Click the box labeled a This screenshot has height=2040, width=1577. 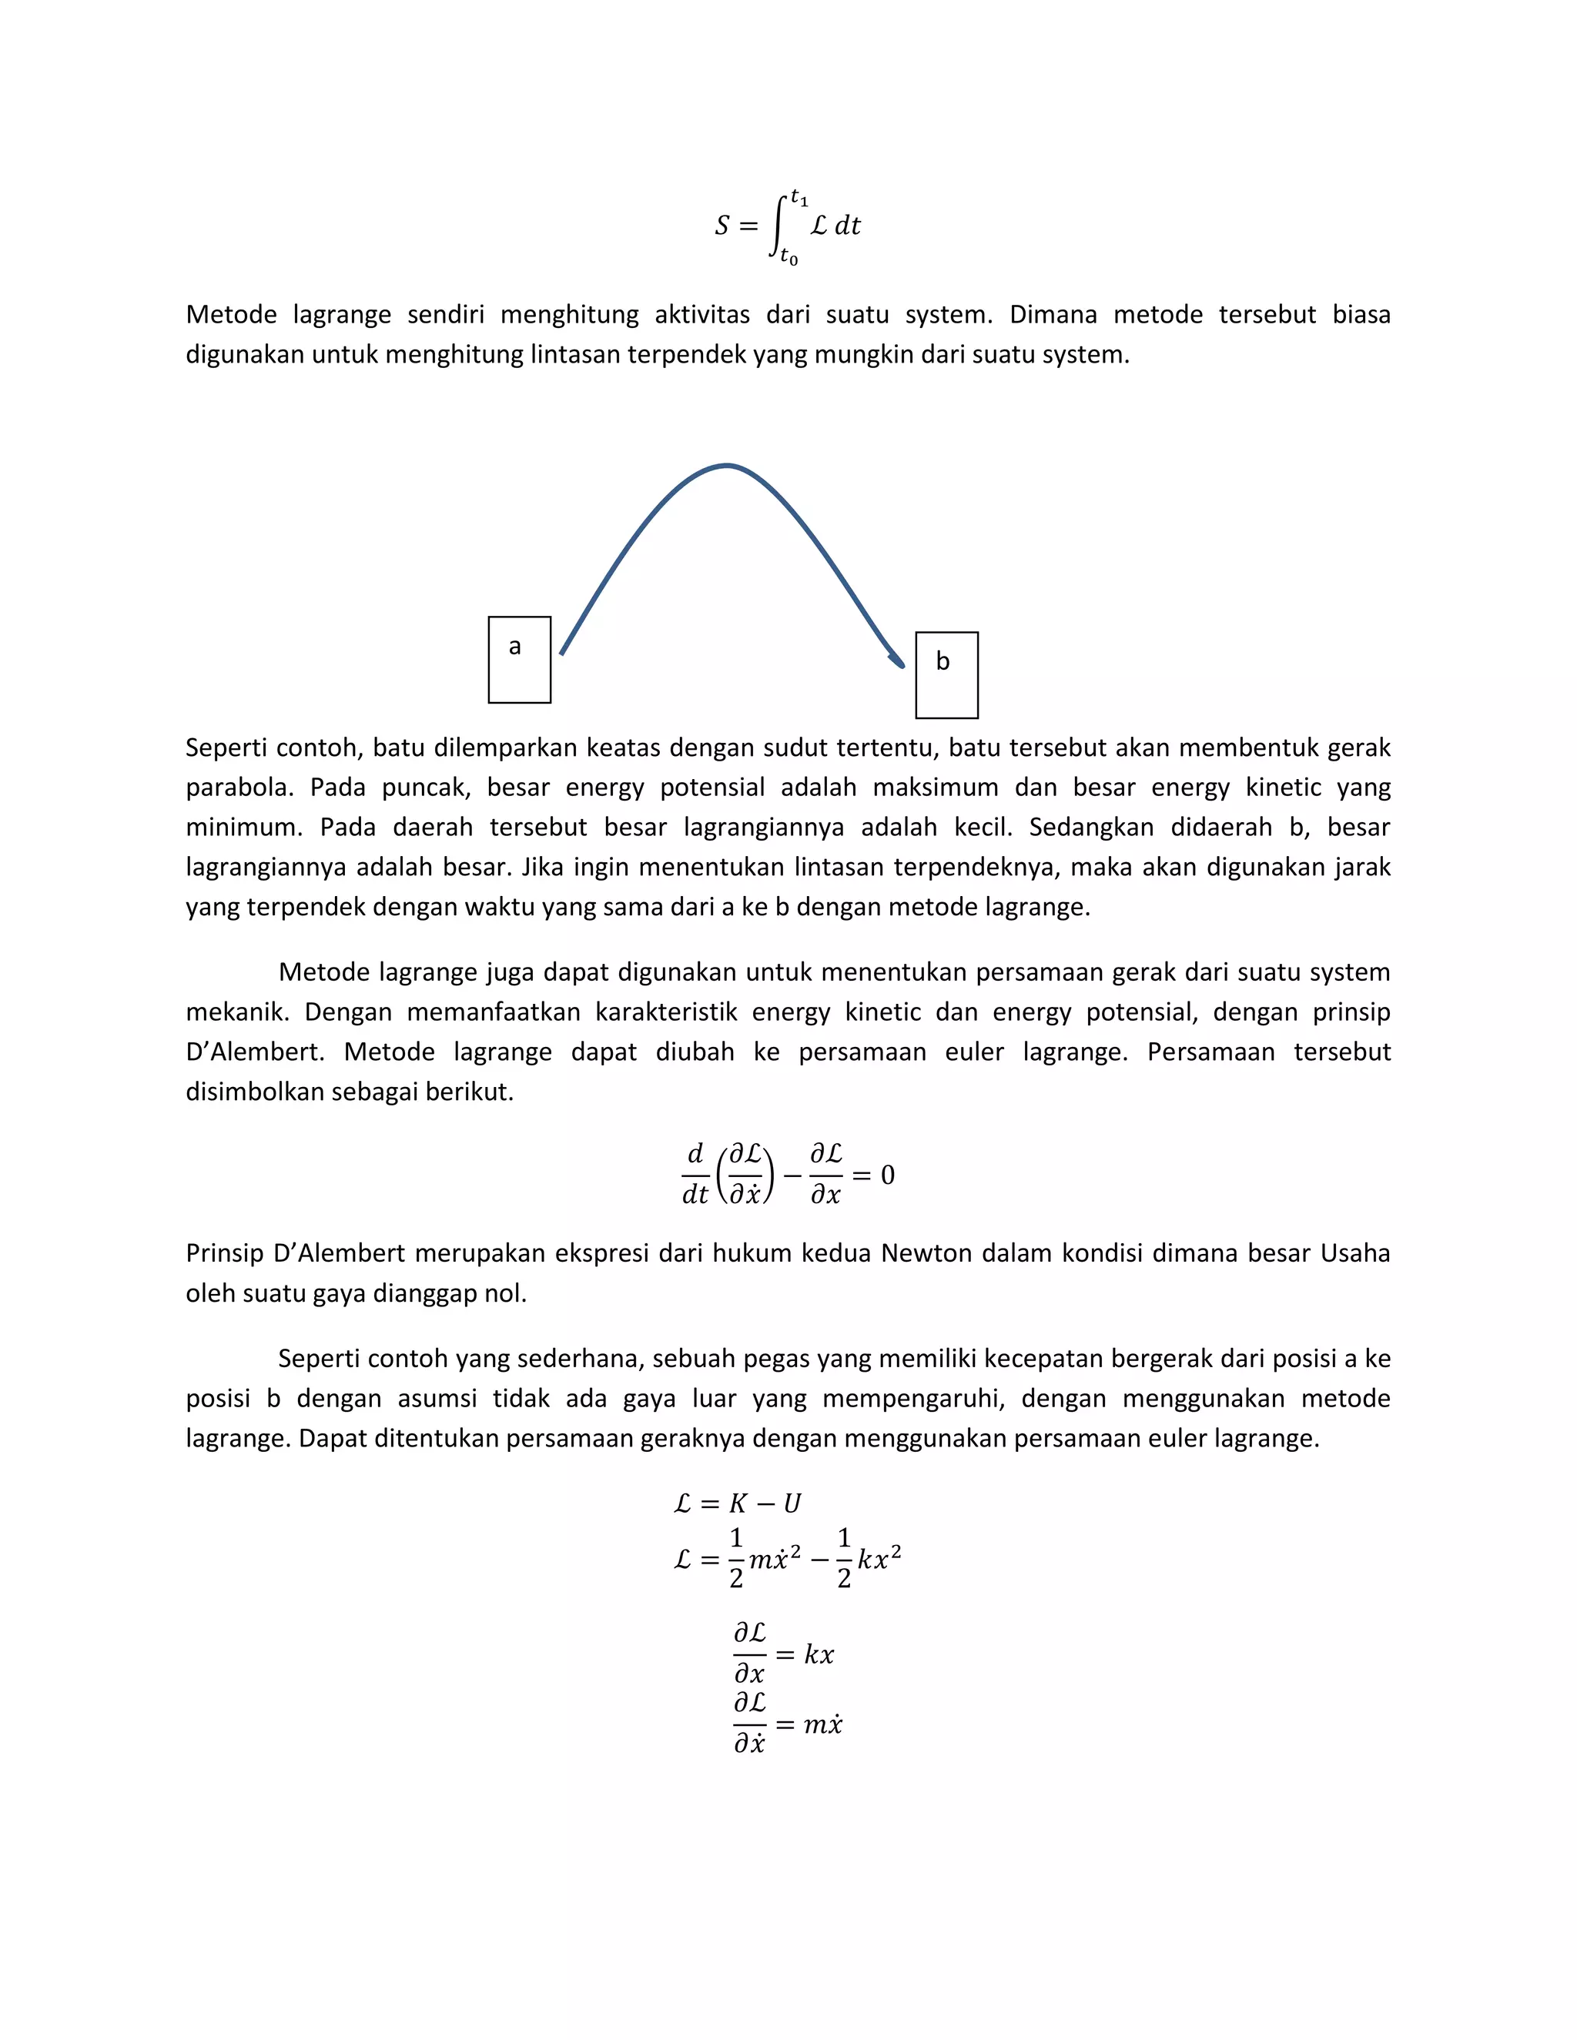(520, 660)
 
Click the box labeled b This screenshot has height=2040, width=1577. (946, 675)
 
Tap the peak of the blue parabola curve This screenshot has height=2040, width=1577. (727, 465)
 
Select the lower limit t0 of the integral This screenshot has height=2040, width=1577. (789, 257)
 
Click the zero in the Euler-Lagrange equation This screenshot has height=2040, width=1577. (888, 1175)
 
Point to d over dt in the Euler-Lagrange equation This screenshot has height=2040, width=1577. (695, 1175)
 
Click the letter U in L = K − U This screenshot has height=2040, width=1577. (792, 1504)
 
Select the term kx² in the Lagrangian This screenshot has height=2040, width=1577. (879, 1559)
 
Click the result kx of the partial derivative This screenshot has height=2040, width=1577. (819, 1655)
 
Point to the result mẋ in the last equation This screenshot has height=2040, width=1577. (822, 1724)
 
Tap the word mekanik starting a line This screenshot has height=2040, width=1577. (237, 1012)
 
